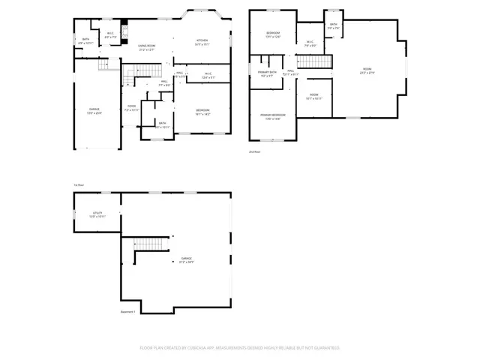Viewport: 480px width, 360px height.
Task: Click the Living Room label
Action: pyautogui.click(x=146, y=47)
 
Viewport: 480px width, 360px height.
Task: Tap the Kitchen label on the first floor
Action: pyautogui.click(x=202, y=42)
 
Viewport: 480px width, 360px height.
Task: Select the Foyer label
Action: pyautogui.click(x=130, y=108)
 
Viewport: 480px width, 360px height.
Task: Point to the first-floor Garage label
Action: pyautogui.click(x=94, y=111)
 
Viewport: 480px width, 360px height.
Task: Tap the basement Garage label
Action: pyautogui.click(x=181, y=259)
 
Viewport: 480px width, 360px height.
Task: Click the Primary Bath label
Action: pyautogui.click(x=268, y=74)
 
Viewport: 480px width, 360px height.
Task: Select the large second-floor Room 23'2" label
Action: pyautogui.click(x=367, y=70)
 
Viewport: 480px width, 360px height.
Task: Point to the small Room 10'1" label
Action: pyautogui.click(x=314, y=96)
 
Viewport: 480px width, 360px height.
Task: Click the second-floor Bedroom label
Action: pyautogui.click(x=272, y=35)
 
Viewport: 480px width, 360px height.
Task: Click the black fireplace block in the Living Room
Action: pyautogui.click(x=125, y=22)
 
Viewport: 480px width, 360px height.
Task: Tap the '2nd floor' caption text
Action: pyautogui.click(x=255, y=151)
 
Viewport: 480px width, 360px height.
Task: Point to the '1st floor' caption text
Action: pyautogui.click(x=77, y=184)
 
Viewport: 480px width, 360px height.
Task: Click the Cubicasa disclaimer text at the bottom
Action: pyautogui.click(x=240, y=348)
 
